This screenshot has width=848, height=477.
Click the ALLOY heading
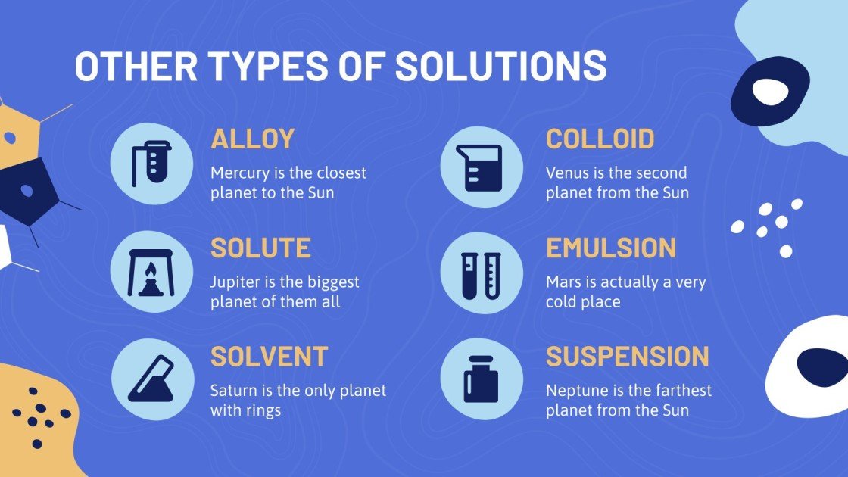(x=252, y=139)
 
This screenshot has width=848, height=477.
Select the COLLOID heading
(x=600, y=139)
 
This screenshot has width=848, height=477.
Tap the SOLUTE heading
(x=260, y=248)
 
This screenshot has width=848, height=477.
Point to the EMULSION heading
(x=611, y=248)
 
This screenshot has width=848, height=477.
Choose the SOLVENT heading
(x=269, y=357)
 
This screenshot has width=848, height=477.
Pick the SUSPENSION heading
(x=628, y=357)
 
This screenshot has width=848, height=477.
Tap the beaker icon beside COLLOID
(x=482, y=167)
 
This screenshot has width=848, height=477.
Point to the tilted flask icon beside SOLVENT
(x=152, y=379)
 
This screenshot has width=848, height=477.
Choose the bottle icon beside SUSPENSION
(x=482, y=379)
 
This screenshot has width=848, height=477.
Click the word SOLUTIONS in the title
(x=500, y=67)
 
